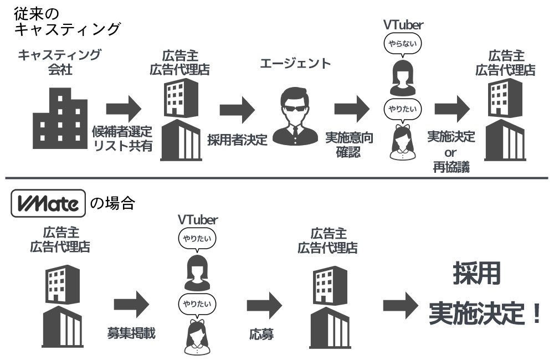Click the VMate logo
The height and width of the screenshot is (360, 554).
[47, 203]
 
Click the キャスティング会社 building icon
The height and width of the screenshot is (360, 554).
[60, 119]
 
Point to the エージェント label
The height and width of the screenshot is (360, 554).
[295, 63]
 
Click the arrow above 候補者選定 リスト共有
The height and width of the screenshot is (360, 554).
[124, 107]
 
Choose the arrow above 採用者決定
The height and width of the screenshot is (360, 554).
[237, 107]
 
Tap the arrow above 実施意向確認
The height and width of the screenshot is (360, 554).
[351, 107]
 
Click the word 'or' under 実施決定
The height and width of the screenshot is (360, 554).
[450, 152]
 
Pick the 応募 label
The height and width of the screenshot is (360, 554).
[261, 335]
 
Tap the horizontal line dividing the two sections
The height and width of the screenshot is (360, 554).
[277, 178]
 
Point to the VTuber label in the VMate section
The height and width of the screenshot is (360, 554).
[198, 219]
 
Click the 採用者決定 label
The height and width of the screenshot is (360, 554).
[238, 139]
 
